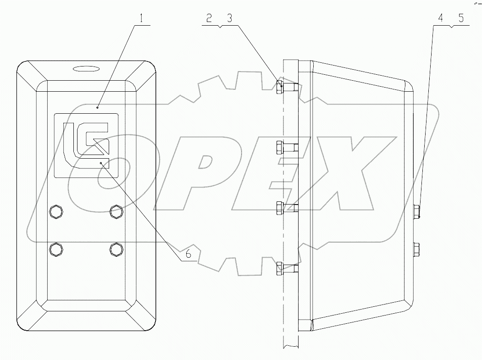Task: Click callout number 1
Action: [x=142, y=19]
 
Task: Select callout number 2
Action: [x=209, y=19]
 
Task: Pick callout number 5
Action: [x=460, y=19]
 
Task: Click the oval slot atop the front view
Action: [x=86, y=69]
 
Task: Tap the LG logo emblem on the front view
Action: [x=87, y=145]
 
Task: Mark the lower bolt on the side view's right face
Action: [x=416, y=249]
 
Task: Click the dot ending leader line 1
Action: [x=98, y=108]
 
